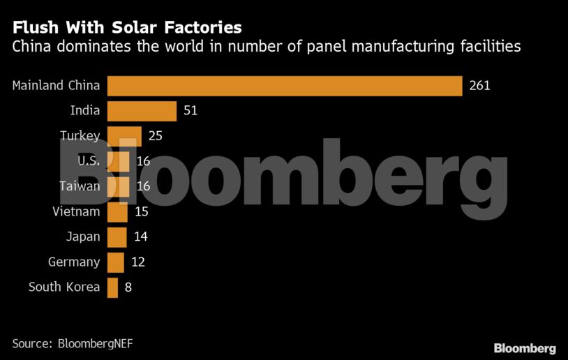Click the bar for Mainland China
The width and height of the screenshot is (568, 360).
pos(285,86)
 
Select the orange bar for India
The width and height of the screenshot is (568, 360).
pos(142,111)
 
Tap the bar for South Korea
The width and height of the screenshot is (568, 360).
pos(112,287)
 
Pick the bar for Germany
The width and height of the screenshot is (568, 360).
pos(115,262)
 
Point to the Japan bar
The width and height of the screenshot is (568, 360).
pos(117,237)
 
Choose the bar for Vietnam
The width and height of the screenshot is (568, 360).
pos(117,211)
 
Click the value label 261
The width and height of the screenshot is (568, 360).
pos(479,86)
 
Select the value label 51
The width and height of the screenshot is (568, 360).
pos(190,111)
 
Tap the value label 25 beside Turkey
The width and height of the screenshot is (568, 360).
pos(155,136)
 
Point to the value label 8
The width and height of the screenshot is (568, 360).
pos(128,287)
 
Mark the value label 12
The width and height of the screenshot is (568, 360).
pos(137,262)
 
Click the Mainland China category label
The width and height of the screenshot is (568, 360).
pos(57,86)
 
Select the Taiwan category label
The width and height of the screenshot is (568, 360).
pos(79,186)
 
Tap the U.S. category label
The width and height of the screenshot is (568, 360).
pos(89,161)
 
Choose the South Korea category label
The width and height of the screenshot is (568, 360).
pos(64,287)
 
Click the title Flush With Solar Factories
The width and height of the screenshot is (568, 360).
pos(127,27)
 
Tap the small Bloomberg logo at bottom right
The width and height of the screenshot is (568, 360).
pos(524,348)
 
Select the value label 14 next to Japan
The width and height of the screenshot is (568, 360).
pos(140,237)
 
